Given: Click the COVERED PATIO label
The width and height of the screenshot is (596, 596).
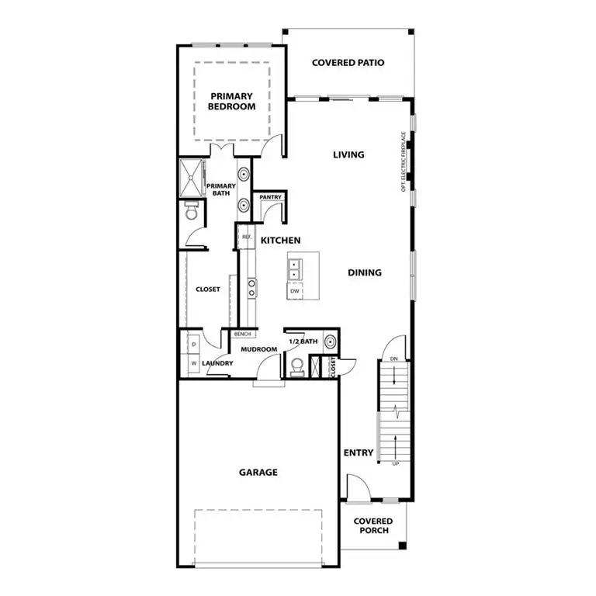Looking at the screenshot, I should coord(348,63).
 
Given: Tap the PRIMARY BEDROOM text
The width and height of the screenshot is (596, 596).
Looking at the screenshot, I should coord(231,101).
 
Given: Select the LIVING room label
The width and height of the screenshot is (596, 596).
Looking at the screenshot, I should coord(348,154).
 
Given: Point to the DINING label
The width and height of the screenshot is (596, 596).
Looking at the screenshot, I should coord(364,272).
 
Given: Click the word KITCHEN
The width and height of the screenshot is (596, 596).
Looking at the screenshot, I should coord(280,241).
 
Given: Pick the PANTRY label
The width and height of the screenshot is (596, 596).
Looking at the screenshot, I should coord(270,198).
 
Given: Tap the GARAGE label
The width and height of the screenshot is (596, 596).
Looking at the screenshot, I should coord(258,472).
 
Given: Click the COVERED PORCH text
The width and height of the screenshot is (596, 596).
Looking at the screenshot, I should coord(373,525).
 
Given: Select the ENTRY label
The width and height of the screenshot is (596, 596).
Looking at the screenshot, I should coord(358,452).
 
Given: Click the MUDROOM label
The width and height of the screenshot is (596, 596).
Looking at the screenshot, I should coord(258,349).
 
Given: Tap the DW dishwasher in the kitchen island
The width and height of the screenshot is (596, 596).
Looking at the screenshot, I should coord(295,291).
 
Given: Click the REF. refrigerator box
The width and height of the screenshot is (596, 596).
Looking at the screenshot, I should coord(246,237).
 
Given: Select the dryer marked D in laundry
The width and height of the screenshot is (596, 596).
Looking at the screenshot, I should coord(192,341).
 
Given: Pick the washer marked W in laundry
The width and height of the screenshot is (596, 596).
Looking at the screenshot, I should coord(192,362).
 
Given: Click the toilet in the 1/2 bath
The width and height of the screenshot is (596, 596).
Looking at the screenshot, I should coord(296,367).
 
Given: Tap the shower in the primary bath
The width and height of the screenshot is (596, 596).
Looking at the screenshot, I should coord(191,177).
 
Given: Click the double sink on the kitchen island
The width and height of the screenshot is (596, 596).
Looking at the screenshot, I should coord(295,269).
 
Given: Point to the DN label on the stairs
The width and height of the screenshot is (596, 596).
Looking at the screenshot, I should coord(394,359).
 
